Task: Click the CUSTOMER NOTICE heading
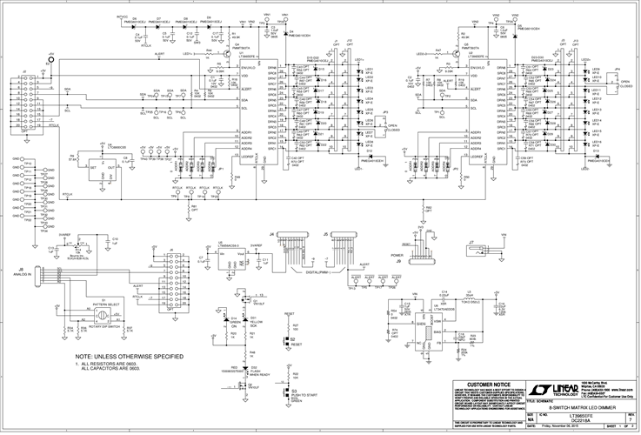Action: (x=489, y=383)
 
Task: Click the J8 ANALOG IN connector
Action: (x=37, y=276)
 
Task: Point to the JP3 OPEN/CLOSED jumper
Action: (x=384, y=124)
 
